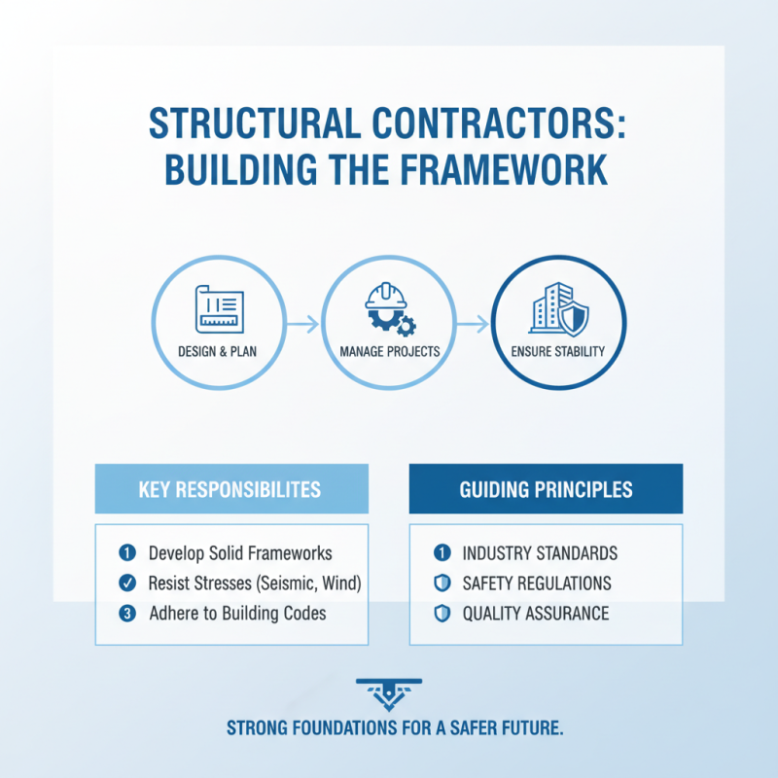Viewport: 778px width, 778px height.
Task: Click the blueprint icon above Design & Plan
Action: [x=219, y=306]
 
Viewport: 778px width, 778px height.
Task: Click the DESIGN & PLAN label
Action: [x=219, y=351]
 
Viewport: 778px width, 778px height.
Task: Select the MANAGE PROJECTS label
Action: [x=389, y=351]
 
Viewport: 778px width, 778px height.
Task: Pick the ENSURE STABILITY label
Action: [x=558, y=351]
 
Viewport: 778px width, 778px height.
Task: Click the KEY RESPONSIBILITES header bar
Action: [x=231, y=488]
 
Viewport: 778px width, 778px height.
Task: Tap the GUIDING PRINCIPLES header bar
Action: [x=546, y=488]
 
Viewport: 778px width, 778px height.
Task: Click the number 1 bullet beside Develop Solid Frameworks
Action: [x=126, y=553]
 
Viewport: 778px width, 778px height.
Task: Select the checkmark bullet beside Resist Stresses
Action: [x=126, y=583]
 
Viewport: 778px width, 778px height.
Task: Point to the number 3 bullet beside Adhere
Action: [x=126, y=614]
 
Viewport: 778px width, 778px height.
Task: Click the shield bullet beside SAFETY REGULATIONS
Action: [x=442, y=583]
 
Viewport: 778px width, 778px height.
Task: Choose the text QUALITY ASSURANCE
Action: [x=536, y=614]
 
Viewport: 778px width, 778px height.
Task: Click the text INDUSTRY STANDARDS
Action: [x=540, y=553]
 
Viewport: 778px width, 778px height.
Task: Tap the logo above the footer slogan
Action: [x=389, y=693]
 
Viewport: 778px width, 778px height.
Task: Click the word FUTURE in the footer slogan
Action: [x=528, y=728]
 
